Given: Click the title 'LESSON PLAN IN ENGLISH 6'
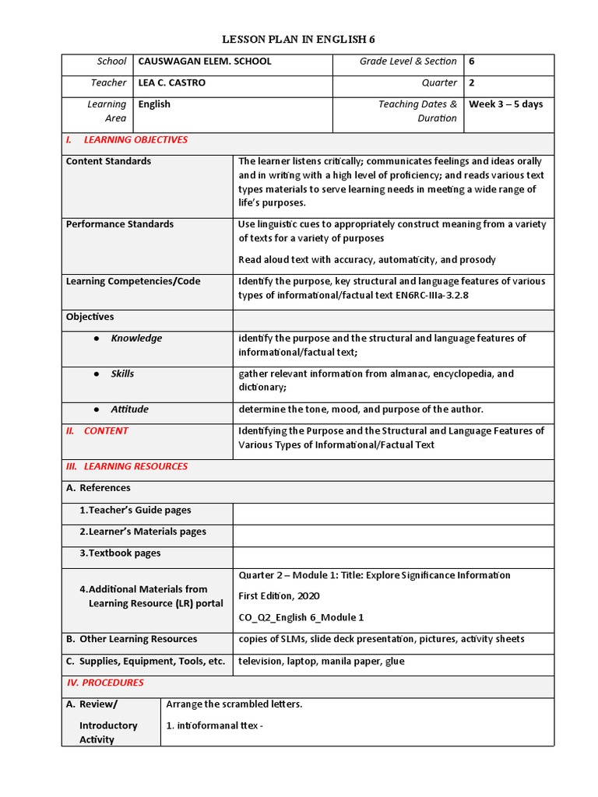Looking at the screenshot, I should tap(299, 39).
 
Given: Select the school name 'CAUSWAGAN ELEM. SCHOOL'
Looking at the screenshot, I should tap(205, 61).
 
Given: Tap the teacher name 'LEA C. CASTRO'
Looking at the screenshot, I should tap(171, 83).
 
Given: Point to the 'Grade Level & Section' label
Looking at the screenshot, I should tap(408, 61).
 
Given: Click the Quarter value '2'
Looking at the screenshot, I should tap(472, 83).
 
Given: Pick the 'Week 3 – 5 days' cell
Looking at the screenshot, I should tap(506, 104).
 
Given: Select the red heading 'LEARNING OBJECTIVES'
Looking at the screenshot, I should tap(135, 140).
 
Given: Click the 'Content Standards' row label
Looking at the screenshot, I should tap(108, 161).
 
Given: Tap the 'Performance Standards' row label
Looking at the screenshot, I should tap(120, 224).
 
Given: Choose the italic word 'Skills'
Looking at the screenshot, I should tap(122, 374).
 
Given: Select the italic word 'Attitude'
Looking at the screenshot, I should tap(129, 409).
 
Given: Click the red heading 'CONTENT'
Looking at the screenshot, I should tap(106, 431).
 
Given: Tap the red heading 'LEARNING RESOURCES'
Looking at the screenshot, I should tap(135, 466).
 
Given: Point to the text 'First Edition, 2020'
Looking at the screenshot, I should tap(279, 596).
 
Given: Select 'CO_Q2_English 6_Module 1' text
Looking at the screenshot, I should tap(301, 617).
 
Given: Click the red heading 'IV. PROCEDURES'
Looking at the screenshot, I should tap(105, 683).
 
